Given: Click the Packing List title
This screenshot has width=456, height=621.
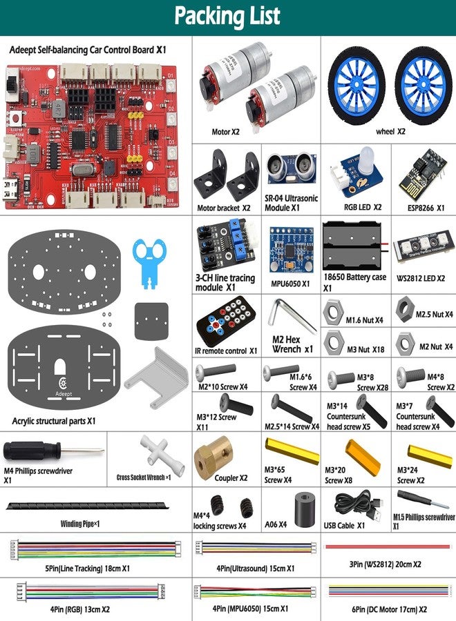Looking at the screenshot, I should point(227,17).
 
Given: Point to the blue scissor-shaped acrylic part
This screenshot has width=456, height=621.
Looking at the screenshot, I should point(151,262).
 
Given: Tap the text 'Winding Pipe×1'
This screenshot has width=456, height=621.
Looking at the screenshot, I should point(80,524).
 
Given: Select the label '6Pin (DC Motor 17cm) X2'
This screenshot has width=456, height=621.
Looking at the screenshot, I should point(389,610).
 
